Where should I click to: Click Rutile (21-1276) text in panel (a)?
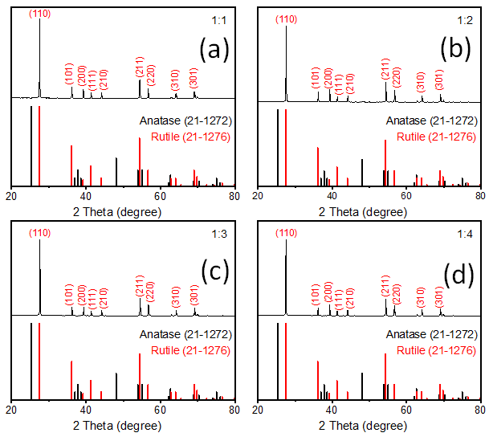(x=189, y=137)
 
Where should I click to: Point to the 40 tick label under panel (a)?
(x=85, y=195)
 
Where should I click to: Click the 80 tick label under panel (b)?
(x=480, y=195)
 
